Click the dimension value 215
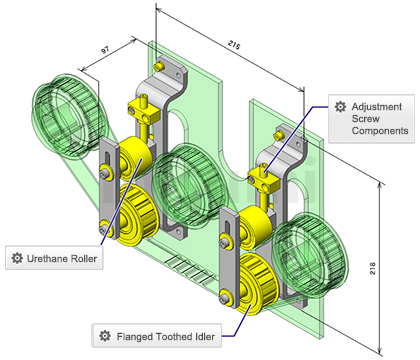click(x=234, y=45)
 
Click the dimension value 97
click(x=105, y=50)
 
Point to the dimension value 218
click(x=372, y=268)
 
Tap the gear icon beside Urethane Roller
click(x=17, y=258)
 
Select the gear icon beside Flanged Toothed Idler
click(x=105, y=336)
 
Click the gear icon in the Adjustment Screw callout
click(x=340, y=107)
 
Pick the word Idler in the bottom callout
click(x=203, y=336)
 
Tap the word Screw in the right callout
click(x=366, y=119)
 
